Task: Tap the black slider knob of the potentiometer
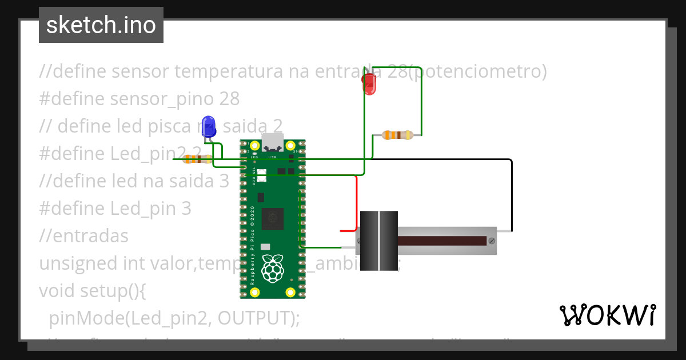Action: pyautogui.click(x=379, y=240)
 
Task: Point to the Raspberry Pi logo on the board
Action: pyautogui.click(x=273, y=267)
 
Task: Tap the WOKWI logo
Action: pyautogui.click(x=607, y=315)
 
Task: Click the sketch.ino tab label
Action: pyautogui.click(x=101, y=25)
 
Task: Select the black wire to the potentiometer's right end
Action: pyautogui.click(x=511, y=194)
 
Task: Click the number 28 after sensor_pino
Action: pyautogui.click(x=229, y=99)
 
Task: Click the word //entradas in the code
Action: pyautogui.click(x=83, y=236)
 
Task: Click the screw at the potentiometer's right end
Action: pyautogui.click(x=491, y=241)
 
